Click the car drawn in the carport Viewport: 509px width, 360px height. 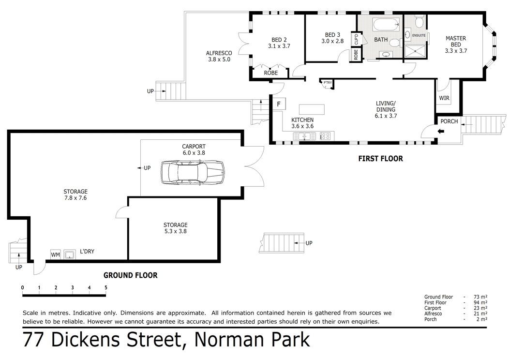(x=192, y=172)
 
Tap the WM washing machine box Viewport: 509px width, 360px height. (x=55, y=254)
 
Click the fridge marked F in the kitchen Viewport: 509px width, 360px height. (x=278, y=104)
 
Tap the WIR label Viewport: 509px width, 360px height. (x=444, y=98)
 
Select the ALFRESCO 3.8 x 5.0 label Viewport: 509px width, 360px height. (x=219, y=56)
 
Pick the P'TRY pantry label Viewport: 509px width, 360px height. (x=328, y=83)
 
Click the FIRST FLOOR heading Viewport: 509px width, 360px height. (x=380, y=159)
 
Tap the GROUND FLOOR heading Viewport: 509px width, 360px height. (x=131, y=275)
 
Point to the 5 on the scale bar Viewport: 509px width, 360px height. (x=105, y=287)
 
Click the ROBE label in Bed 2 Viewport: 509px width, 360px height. (x=270, y=73)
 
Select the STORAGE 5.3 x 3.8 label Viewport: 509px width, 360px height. (x=175, y=228)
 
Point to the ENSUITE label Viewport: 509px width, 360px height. (x=419, y=35)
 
